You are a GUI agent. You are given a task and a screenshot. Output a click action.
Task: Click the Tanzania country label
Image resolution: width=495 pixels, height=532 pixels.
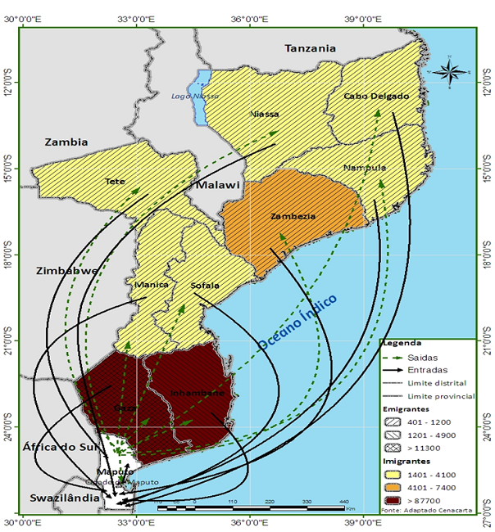click(310, 48)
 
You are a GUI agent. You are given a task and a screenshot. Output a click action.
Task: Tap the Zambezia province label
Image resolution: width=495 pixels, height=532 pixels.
click(291, 217)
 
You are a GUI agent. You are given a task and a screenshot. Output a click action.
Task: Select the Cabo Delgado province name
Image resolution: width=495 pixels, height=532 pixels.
click(376, 96)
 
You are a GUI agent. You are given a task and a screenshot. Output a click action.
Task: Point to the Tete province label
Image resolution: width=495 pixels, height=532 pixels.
click(116, 181)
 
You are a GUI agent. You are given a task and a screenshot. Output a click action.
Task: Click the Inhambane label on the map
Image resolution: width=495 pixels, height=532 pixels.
click(197, 393)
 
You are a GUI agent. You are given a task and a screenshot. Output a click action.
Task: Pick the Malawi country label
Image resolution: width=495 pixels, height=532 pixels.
click(217, 185)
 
